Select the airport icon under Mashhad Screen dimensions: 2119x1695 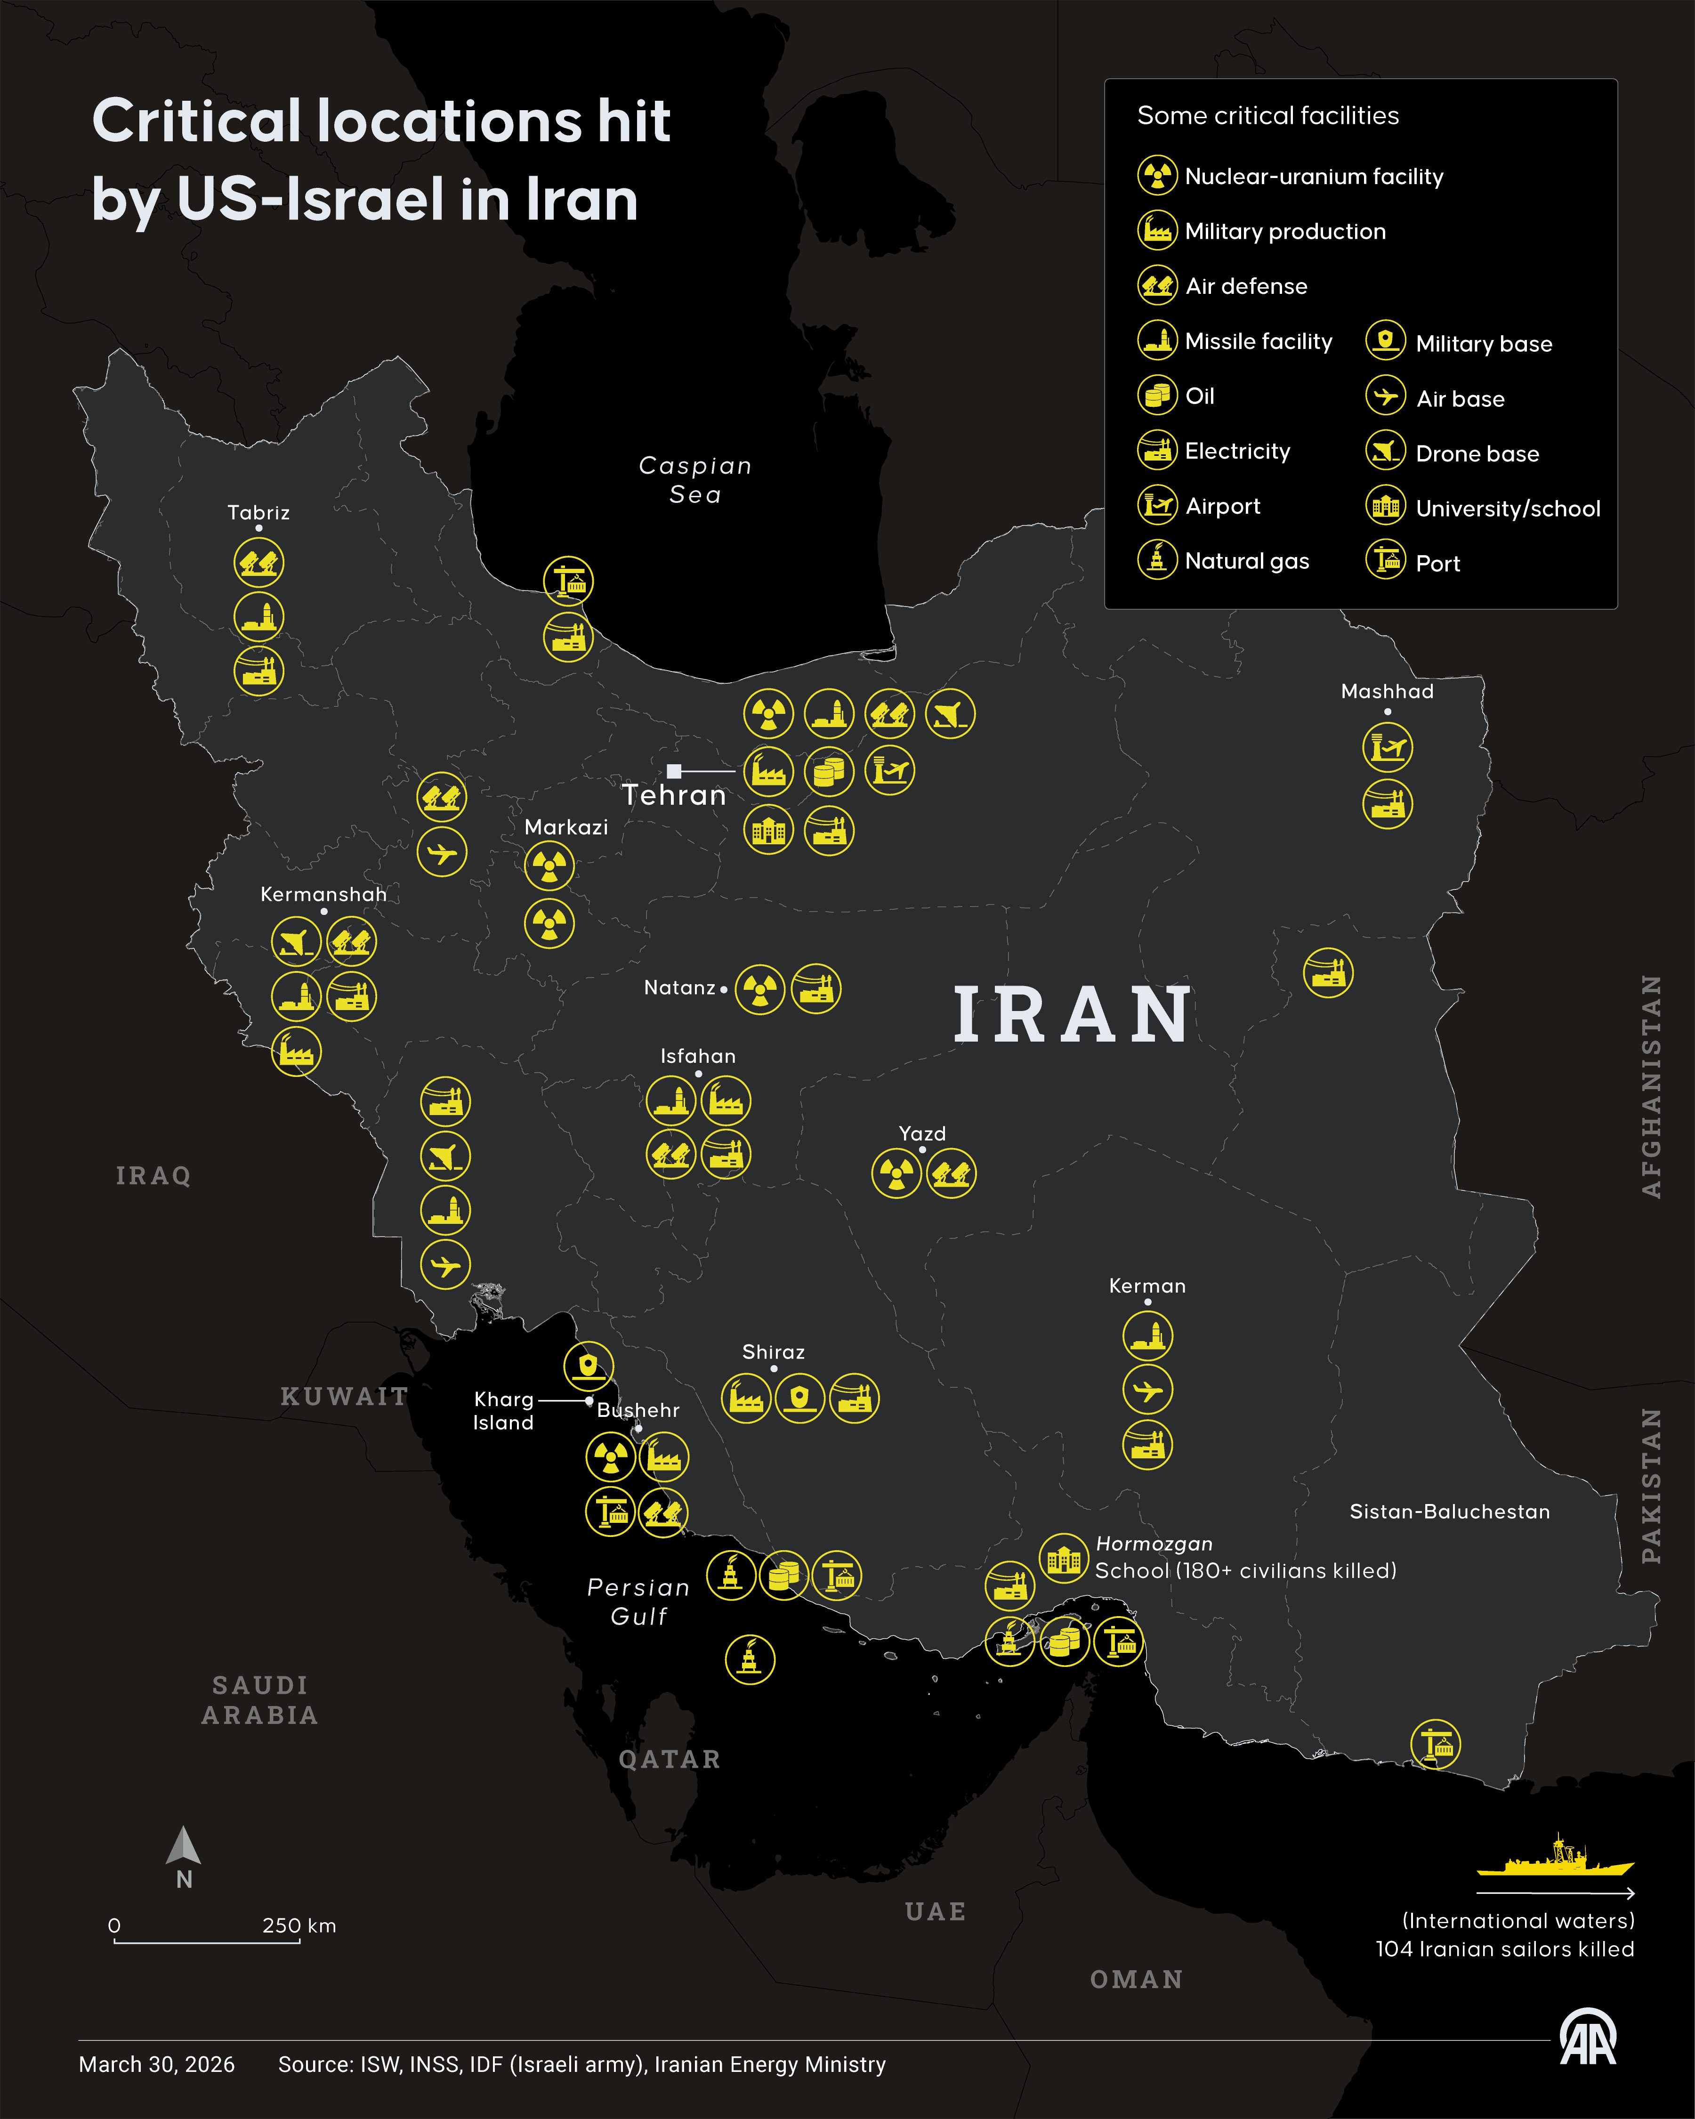(1388, 748)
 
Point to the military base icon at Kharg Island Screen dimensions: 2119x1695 (589, 1366)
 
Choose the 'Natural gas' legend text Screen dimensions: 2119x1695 (1247, 561)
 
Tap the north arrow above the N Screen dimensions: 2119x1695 (184, 1847)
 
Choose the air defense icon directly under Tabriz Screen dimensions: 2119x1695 (258, 563)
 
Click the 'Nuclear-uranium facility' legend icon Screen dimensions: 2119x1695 (1157, 175)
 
